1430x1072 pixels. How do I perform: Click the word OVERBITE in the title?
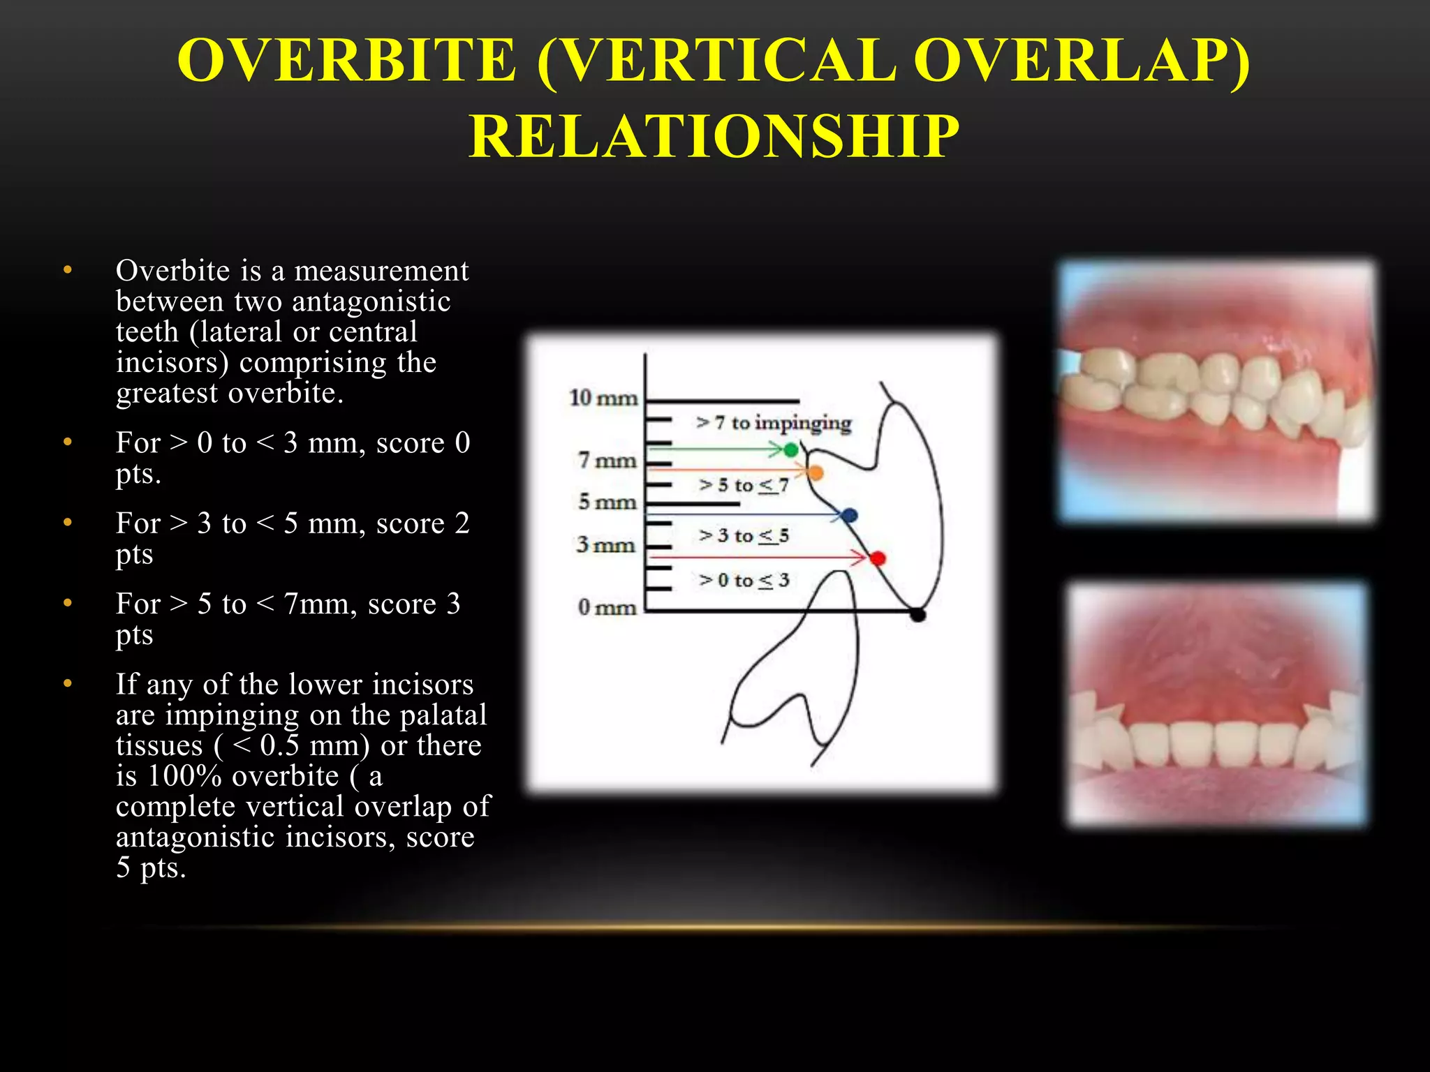347,61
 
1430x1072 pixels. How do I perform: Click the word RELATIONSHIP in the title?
714,136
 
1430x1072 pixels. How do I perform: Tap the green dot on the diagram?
790,450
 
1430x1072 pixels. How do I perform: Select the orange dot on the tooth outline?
815,473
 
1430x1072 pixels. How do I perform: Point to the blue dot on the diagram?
849,516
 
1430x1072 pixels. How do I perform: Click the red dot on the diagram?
878,558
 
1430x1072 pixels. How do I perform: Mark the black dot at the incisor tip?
918,615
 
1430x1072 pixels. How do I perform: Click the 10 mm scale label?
603,399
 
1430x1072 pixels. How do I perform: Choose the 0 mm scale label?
607,607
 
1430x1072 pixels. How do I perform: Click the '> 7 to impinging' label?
774,423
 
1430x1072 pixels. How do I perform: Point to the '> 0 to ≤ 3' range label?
744,580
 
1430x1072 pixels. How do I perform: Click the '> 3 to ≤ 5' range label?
744,535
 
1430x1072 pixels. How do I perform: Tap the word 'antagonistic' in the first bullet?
371,301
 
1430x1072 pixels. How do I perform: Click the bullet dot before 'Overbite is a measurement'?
68,270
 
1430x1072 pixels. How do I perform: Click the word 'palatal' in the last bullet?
443,715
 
